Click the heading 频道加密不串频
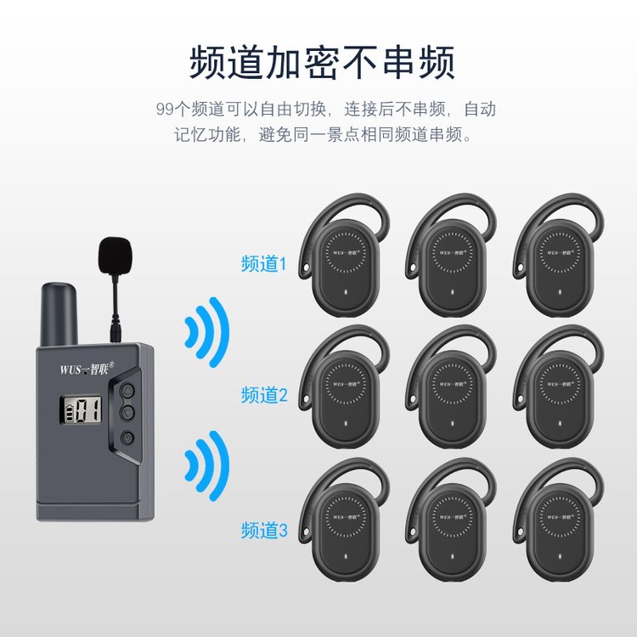point(322,63)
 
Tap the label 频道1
point(264,263)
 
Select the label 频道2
point(264,395)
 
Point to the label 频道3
point(264,530)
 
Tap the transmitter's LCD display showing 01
point(81,409)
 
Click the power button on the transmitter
point(127,438)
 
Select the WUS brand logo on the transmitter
point(87,369)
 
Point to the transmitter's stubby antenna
point(59,314)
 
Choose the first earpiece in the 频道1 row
point(345,255)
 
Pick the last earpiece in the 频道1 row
point(559,255)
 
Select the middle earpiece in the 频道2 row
point(451,386)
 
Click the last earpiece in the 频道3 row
point(559,520)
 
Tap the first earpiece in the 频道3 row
point(345,520)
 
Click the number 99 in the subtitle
point(165,110)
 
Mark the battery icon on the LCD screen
point(70,411)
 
